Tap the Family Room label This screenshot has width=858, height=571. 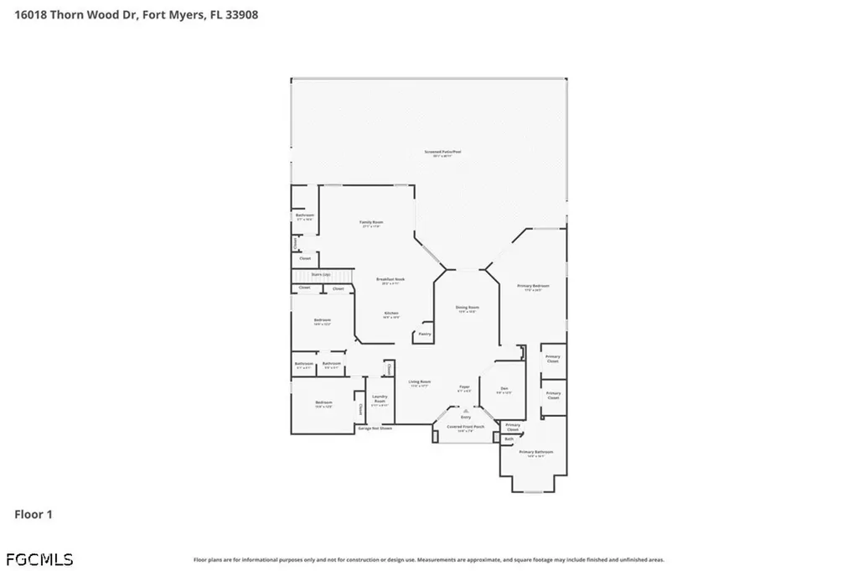(x=371, y=223)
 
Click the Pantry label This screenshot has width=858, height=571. (x=423, y=334)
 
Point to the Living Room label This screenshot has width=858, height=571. (x=419, y=383)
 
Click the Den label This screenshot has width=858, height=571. (x=504, y=389)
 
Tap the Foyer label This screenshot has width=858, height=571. (x=464, y=388)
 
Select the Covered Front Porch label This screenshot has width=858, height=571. (x=465, y=427)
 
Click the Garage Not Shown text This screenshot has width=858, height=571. (x=375, y=428)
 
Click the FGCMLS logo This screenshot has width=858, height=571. (x=39, y=559)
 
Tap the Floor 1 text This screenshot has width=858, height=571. (x=34, y=514)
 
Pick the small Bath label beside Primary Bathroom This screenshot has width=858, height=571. (x=509, y=439)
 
